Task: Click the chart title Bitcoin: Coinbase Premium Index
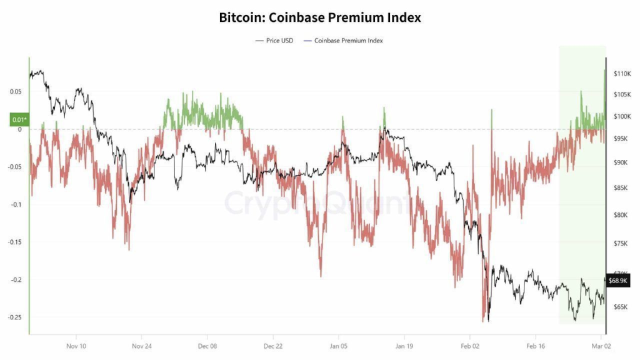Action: click(x=320, y=17)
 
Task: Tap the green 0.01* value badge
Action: click(x=19, y=119)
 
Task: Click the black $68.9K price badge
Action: click(x=617, y=281)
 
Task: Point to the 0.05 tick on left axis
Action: click(x=16, y=92)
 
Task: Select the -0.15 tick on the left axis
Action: click(x=14, y=242)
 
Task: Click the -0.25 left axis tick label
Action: click(x=14, y=317)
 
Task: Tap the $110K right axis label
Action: click(x=622, y=74)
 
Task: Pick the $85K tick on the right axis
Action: click(x=621, y=188)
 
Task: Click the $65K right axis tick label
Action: click(x=621, y=307)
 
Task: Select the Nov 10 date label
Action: click(x=76, y=346)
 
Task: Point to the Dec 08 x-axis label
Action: click(x=207, y=346)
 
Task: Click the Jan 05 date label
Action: click(x=339, y=346)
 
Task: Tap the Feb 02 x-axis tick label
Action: click(x=470, y=346)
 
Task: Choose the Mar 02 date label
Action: click(x=601, y=346)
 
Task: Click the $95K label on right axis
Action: click(x=621, y=139)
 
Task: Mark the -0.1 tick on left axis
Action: click(x=16, y=204)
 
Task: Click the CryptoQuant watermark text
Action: click(x=319, y=203)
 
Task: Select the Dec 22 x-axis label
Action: click(x=273, y=346)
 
